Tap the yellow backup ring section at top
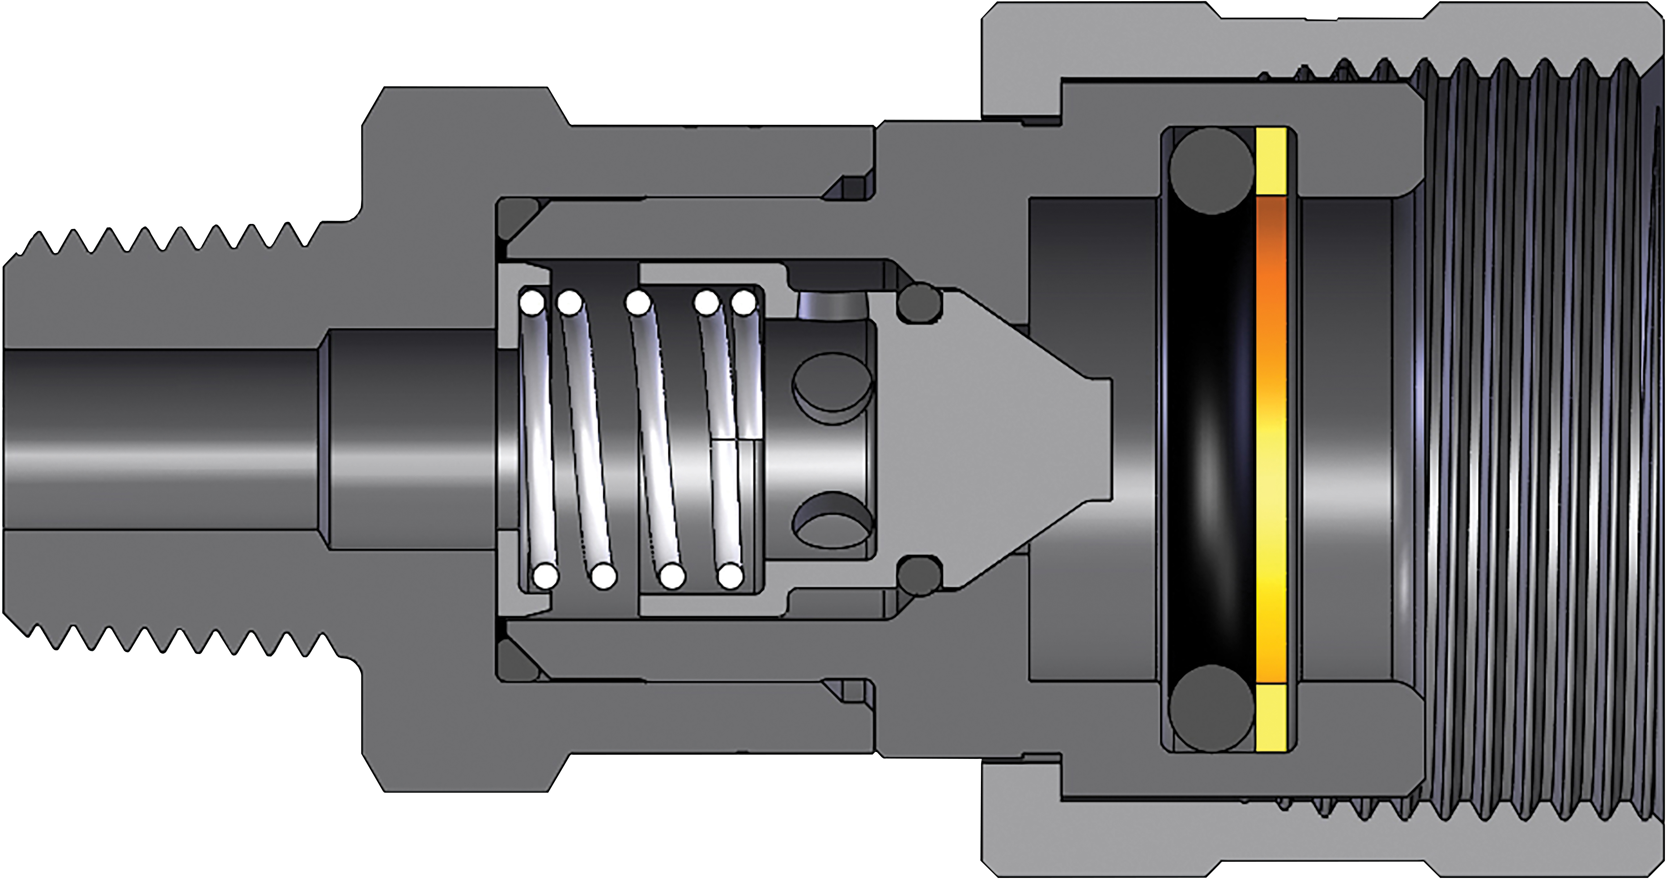(1271, 162)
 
